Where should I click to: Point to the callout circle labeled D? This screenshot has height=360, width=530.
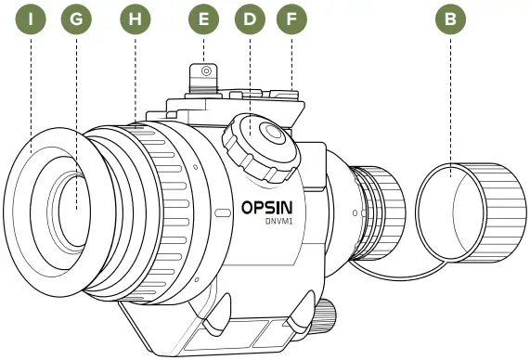tap(248, 19)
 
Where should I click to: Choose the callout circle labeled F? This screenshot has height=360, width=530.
tap(292, 19)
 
